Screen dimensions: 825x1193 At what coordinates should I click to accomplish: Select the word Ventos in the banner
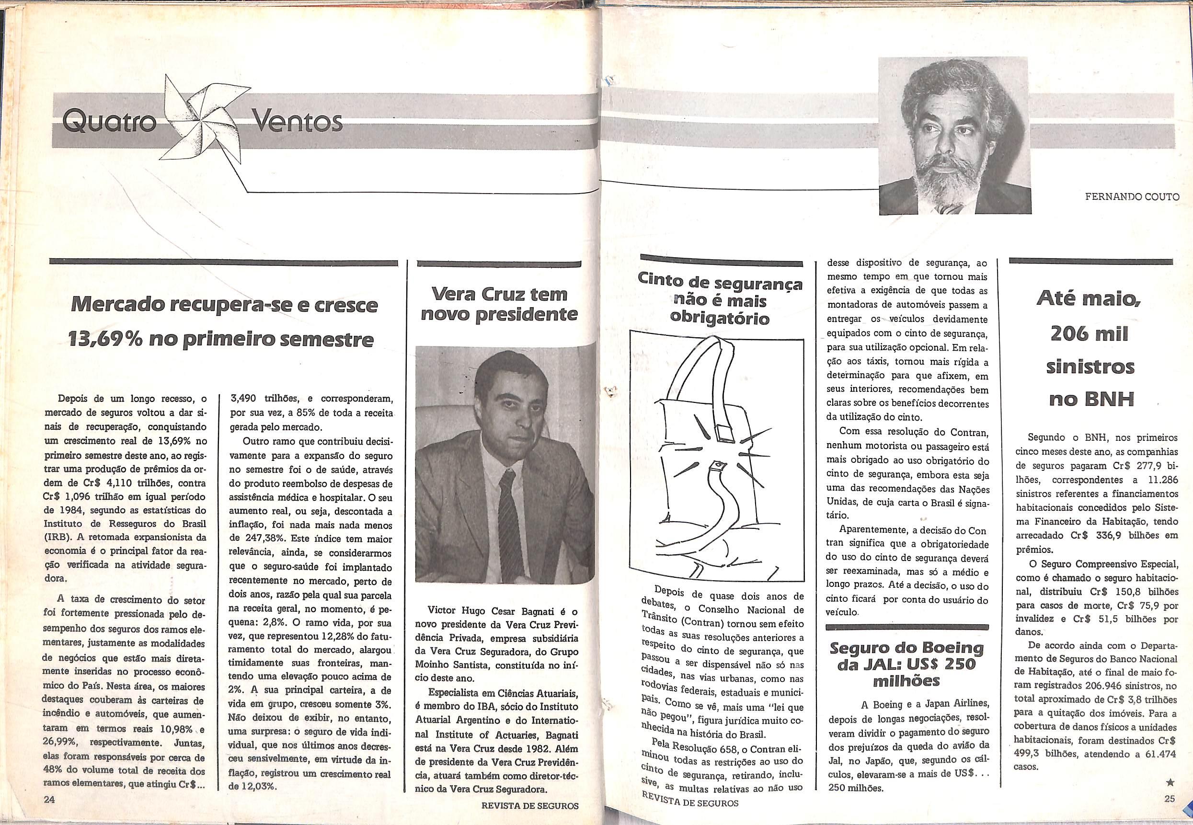pyautogui.click(x=297, y=123)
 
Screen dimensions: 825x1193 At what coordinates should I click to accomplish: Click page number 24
pyautogui.click(x=50, y=799)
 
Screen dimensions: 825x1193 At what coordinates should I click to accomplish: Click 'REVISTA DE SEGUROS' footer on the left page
pyautogui.click(x=529, y=805)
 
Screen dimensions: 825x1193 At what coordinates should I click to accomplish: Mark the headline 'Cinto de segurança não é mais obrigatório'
pyautogui.click(x=720, y=301)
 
